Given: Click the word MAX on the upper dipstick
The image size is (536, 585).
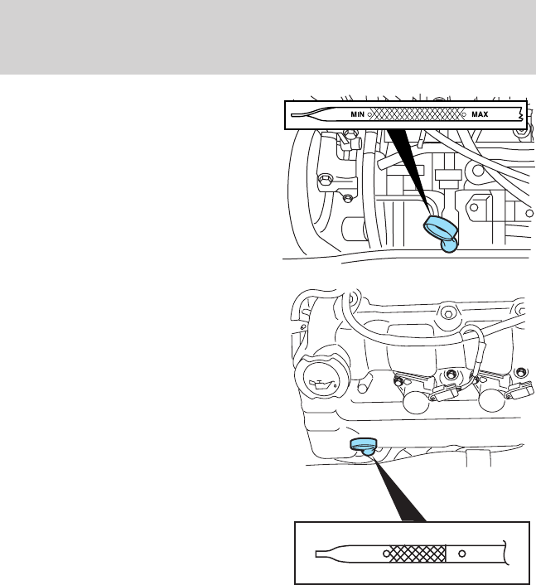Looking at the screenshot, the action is click(x=480, y=114).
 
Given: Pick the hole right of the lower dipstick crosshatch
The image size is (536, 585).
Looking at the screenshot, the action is click(x=462, y=552).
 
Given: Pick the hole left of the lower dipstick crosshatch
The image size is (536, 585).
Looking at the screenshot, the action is click(x=385, y=552).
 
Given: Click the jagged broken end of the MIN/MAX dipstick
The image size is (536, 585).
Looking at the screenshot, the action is click(x=519, y=114).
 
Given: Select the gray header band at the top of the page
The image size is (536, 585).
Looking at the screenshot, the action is click(x=268, y=37).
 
